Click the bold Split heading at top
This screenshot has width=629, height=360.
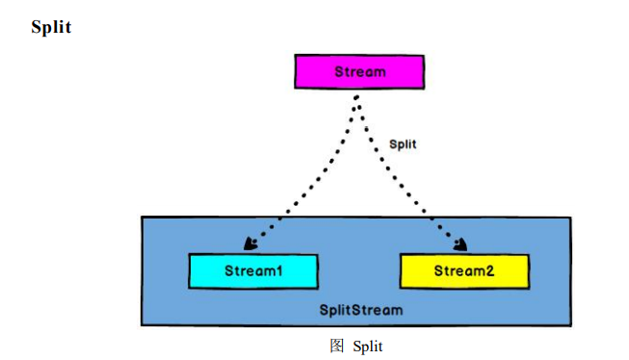click(51, 27)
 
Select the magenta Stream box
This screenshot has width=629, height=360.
click(358, 72)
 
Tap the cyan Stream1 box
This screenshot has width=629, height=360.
click(253, 271)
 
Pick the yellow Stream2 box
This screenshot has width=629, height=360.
click(464, 271)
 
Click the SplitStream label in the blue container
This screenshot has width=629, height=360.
click(361, 311)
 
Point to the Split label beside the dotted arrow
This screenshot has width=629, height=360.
click(403, 143)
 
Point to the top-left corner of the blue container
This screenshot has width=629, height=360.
click(143, 218)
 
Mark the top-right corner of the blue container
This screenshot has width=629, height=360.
click(570, 218)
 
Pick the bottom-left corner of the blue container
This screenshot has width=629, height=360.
click(143, 325)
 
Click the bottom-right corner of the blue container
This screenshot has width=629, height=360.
click(570, 325)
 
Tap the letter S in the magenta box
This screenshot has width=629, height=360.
click(339, 72)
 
